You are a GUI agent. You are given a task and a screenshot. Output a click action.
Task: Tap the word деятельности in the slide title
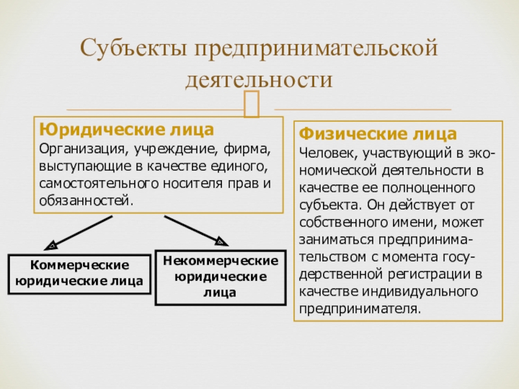coord(259,79)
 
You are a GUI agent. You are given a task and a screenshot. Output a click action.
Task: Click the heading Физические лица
coord(378,135)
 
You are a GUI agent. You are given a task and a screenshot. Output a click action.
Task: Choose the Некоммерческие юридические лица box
coord(221,276)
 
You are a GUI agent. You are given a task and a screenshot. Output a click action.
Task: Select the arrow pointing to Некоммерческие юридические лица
coord(195,230)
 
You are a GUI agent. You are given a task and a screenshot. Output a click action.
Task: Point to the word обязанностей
coord(85,200)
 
